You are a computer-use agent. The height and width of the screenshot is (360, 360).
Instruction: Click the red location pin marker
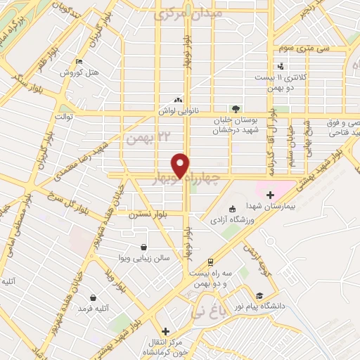[181, 165]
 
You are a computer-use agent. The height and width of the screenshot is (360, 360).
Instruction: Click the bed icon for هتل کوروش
[78, 62]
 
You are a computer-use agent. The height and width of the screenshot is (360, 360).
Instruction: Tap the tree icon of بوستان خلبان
[236, 108]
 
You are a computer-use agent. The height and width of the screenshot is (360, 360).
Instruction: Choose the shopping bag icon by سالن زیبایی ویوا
[144, 247]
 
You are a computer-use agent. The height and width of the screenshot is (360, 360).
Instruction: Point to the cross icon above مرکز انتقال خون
[165, 331]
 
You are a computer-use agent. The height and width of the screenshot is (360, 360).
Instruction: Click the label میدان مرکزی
[188, 14]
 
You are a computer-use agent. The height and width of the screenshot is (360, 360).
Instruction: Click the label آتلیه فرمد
[91, 309]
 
